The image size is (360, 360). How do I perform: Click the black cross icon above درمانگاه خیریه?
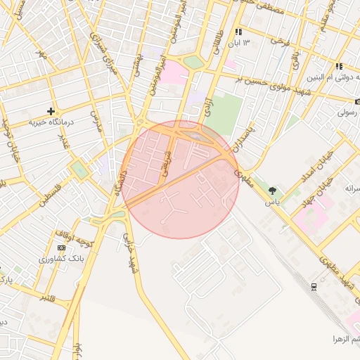(x=51, y=111)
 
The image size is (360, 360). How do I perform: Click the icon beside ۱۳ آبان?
(x=238, y=32)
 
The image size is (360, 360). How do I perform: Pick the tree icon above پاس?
(x=272, y=190)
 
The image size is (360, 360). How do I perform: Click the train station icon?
(x=313, y=286)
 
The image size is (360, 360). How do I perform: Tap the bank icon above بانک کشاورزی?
(x=61, y=248)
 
